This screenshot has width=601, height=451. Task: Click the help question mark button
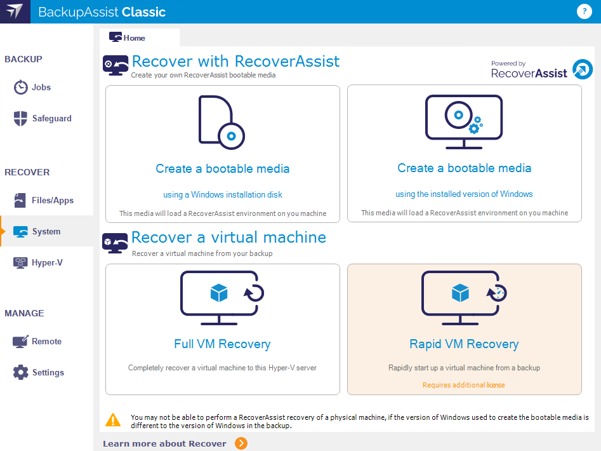584,11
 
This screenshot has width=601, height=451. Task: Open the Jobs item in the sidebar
32,88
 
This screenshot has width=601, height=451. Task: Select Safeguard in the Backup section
42,119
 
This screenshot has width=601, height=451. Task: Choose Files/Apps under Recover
43,200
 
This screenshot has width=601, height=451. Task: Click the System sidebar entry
37,232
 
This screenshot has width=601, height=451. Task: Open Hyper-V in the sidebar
37,263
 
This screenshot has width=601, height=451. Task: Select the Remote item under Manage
37,341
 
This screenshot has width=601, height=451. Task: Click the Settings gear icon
21,372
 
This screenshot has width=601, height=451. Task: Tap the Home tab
128,37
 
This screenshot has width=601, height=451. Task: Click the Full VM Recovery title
222,344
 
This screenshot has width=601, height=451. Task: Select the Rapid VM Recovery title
464,344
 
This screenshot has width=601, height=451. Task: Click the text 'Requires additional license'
464,385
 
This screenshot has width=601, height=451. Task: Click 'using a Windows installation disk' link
223,195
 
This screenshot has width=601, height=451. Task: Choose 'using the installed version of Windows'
464,194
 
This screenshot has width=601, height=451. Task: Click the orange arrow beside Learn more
241,443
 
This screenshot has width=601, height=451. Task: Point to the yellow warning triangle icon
113,420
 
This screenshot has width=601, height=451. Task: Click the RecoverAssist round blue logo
583,69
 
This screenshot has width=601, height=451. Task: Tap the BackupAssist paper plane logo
15,11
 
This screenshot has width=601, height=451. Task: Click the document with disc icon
221,123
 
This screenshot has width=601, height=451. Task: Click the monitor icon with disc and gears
464,122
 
